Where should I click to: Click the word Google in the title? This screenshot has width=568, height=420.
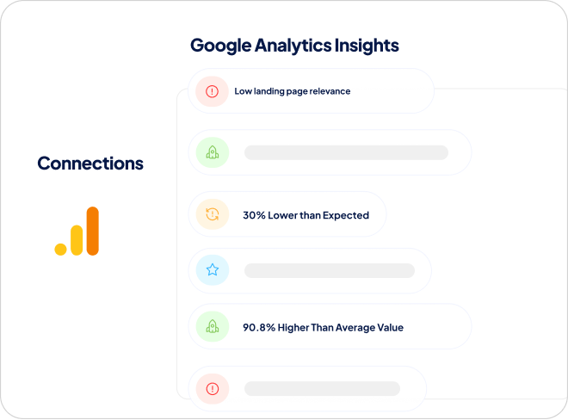click(220, 46)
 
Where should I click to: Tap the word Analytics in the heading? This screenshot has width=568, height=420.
click(293, 46)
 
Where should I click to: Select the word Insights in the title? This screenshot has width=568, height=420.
click(367, 46)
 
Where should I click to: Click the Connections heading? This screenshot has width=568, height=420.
click(90, 163)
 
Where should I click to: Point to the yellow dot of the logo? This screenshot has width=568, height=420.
click(60, 250)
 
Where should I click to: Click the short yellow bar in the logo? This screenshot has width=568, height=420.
click(77, 240)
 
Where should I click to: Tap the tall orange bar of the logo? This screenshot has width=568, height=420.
click(93, 231)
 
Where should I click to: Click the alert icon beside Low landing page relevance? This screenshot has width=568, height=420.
click(212, 91)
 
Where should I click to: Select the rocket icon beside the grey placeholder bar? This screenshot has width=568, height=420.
click(213, 152)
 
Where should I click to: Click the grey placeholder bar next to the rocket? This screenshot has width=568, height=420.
click(346, 152)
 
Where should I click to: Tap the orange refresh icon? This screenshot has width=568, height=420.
click(213, 214)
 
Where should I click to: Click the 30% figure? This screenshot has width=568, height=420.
click(254, 215)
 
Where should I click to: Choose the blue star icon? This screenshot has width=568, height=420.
click(213, 270)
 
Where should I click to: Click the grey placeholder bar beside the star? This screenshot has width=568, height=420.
click(330, 271)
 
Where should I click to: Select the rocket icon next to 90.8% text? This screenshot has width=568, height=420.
click(213, 326)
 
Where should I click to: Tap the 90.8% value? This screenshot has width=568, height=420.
click(259, 328)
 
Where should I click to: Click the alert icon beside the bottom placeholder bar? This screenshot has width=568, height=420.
click(213, 389)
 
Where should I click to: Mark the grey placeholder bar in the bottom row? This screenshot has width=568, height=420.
click(323, 388)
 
